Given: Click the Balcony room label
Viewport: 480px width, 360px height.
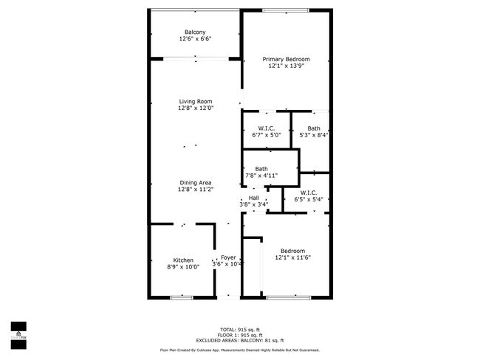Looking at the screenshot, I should pyautogui.click(x=195, y=32).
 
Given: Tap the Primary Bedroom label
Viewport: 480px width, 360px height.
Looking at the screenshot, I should pyautogui.click(x=287, y=59).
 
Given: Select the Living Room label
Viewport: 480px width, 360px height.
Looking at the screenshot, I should pyautogui.click(x=195, y=101).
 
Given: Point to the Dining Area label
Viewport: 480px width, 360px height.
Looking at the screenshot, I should pyautogui.click(x=195, y=182).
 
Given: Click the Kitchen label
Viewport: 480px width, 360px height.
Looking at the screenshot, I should pyautogui.click(x=183, y=260).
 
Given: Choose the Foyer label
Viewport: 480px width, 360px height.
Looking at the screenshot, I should pyautogui.click(x=228, y=257).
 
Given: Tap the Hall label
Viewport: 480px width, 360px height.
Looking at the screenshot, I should pyautogui.click(x=253, y=198).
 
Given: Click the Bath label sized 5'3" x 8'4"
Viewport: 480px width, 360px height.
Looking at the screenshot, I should pyautogui.click(x=314, y=128).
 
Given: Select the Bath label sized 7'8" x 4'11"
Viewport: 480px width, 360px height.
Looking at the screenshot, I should pyautogui.click(x=261, y=169).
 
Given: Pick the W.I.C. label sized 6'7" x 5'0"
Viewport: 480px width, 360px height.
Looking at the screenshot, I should pyautogui.click(x=267, y=128).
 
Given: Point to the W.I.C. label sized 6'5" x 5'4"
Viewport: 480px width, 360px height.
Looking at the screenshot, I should pyautogui.click(x=309, y=193).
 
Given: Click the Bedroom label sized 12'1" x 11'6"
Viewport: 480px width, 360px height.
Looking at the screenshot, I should pyautogui.click(x=289, y=251).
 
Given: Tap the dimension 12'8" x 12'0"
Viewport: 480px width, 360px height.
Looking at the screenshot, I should pyautogui.click(x=195, y=108).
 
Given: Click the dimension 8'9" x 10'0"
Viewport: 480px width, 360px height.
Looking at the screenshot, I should pyautogui.click(x=183, y=267).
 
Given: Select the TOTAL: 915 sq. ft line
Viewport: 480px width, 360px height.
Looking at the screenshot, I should pyautogui.click(x=240, y=329).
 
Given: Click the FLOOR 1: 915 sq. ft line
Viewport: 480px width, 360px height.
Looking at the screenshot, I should pyautogui.click(x=240, y=334).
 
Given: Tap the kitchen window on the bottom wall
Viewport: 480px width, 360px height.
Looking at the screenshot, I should pyautogui.click(x=181, y=297).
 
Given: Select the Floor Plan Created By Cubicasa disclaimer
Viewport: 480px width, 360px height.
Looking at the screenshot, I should pyautogui.click(x=240, y=350).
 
